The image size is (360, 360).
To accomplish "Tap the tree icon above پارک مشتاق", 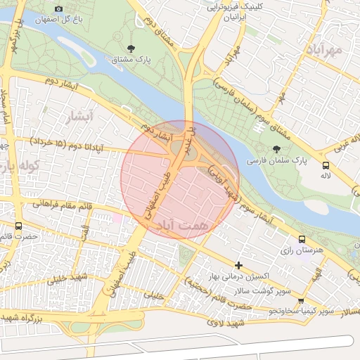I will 131,49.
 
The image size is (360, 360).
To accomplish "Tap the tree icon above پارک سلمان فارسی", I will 276,148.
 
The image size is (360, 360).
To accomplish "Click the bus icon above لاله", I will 325,166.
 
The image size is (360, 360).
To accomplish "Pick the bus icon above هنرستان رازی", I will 302,239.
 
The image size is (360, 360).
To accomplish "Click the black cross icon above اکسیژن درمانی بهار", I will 239,265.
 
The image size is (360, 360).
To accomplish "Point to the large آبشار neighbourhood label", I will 77,117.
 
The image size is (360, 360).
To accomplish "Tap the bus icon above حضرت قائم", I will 18,226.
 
